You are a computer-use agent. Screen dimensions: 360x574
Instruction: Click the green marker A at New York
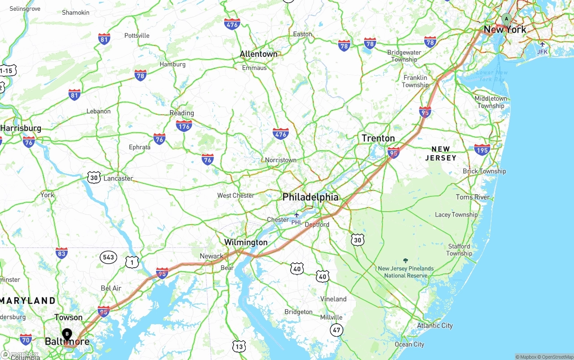click(x=506, y=19)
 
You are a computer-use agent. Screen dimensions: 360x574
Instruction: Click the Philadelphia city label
click(x=310, y=197)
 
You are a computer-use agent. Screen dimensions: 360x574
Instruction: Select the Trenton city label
click(x=378, y=138)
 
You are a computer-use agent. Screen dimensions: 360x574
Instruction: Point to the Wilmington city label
click(x=246, y=243)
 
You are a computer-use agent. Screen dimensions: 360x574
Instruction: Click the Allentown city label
click(x=259, y=54)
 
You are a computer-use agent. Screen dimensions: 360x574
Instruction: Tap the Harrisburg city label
click(x=21, y=128)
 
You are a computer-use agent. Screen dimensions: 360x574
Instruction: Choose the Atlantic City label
click(x=435, y=325)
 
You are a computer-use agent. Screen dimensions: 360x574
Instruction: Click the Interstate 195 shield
click(x=482, y=149)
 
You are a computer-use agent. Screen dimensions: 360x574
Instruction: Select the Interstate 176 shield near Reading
click(x=184, y=125)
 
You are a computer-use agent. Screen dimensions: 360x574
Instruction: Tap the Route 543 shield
click(x=109, y=257)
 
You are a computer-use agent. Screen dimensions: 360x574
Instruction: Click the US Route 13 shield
click(x=239, y=346)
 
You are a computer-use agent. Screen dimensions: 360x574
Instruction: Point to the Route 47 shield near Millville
click(x=336, y=330)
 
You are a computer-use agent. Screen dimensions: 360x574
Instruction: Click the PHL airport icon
click(x=296, y=215)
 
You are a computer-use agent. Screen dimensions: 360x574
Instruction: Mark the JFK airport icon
click(x=543, y=44)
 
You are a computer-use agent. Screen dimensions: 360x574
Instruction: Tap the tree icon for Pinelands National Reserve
click(x=406, y=260)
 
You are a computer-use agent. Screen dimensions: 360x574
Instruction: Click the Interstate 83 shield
click(x=61, y=253)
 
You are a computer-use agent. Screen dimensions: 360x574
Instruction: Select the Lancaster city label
click(x=118, y=178)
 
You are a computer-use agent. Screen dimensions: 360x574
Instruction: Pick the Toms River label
click(x=473, y=197)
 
